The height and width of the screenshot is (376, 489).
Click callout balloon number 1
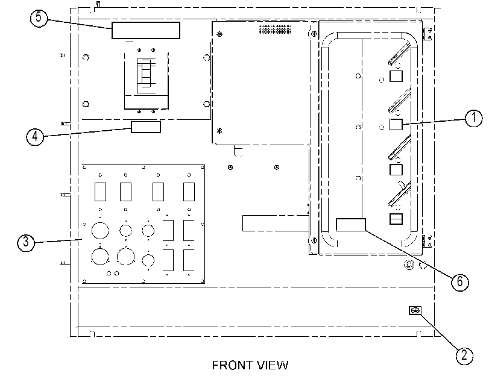tap(473, 118)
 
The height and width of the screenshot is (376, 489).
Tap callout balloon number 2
tap(464, 356)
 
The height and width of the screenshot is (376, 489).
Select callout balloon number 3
tap(26, 242)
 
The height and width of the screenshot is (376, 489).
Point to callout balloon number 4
tap(35, 137)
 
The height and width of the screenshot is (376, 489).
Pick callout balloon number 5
tap(39, 17)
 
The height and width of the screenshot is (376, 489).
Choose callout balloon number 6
tap(460, 282)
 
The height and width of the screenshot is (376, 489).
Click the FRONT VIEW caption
tap(250, 365)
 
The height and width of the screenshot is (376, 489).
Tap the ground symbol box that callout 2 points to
tap(415, 310)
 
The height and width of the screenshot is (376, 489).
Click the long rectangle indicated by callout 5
tap(146, 30)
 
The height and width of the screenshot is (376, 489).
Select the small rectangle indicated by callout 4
tap(146, 127)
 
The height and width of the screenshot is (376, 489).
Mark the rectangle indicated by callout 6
tap(350, 225)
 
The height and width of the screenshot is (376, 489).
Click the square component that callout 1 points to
tap(396, 124)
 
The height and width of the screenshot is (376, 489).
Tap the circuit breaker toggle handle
tap(146, 75)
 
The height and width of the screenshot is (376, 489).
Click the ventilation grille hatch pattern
tap(275, 30)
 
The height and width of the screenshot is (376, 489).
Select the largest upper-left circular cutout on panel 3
tap(100, 231)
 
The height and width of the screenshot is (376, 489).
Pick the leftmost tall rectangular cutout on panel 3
tap(100, 192)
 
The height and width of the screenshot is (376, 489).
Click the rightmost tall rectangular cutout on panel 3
tap(189, 192)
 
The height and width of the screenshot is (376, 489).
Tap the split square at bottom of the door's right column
tap(396, 219)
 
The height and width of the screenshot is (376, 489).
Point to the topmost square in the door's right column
tap(396, 76)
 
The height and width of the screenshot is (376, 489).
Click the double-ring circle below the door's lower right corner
tap(409, 265)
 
